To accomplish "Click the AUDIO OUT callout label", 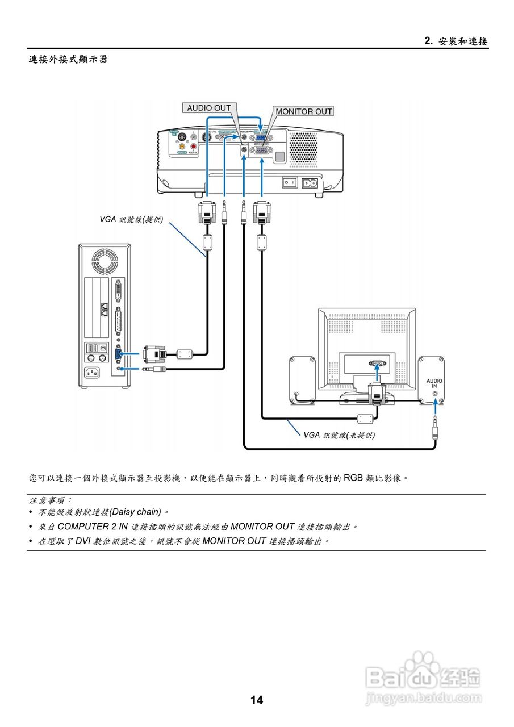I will (x=209, y=108).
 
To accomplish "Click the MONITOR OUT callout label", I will (x=304, y=111).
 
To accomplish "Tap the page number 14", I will (x=257, y=700).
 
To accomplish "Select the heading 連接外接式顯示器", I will (x=68, y=59).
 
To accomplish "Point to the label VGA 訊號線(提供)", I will (x=131, y=220).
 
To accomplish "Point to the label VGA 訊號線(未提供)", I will (x=339, y=435).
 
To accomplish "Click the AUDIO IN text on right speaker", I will (x=434, y=383).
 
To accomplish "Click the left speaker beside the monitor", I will (x=302, y=379).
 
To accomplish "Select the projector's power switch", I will (x=290, y=183).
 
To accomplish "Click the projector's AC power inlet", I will (x=310, y=183).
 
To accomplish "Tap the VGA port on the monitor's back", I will (x=375, y=362).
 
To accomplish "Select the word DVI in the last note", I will (x=83, y=541).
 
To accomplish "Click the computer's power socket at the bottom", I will (x=95, y=373).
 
